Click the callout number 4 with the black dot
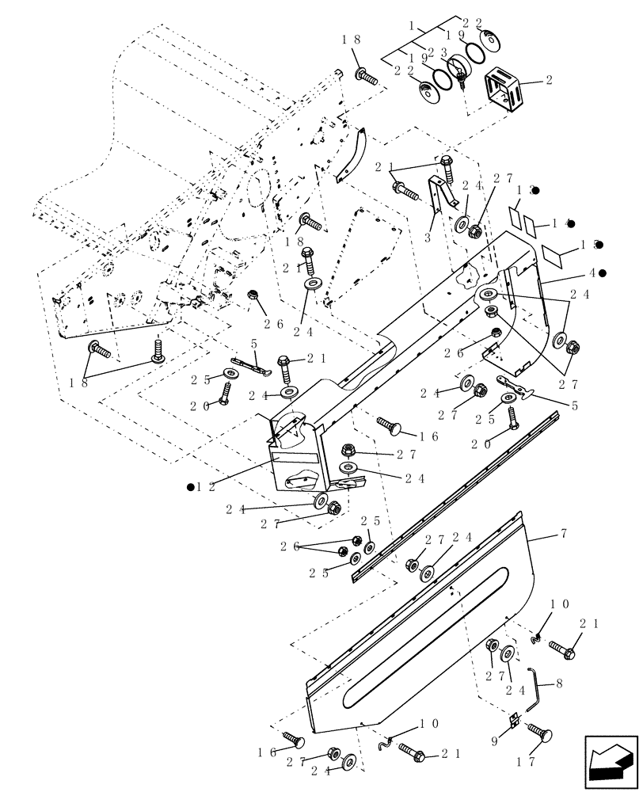(590, 273)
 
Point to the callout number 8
(559, 682)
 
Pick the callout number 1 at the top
(413, 26)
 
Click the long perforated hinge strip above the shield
(443, 499)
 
